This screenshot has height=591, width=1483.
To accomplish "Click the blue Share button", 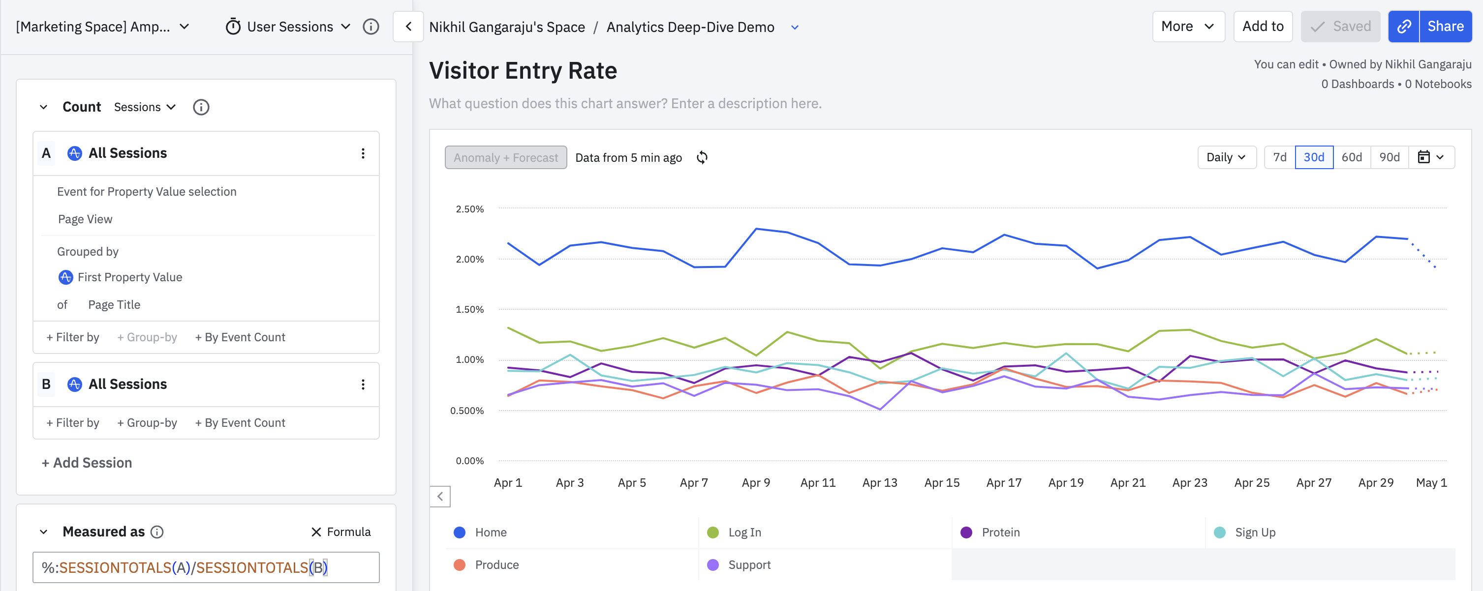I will point(1445,27).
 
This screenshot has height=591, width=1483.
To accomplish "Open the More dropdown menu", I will point(1188,27).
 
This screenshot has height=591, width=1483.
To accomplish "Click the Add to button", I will point(1263,27).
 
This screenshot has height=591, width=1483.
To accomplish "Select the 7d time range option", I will point(1279,157).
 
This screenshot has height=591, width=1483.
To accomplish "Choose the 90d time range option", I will point(1389,157).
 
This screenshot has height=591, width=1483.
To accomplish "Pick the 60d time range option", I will point(1351,157).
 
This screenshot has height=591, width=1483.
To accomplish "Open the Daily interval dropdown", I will point(1226,157).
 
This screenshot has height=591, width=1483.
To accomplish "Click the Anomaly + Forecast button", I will point(505,158).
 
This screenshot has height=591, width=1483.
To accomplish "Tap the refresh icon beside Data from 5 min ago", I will point(702,158).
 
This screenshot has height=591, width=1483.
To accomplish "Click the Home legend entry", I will point(491,532).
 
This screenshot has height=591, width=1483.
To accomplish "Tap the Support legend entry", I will point(748,564).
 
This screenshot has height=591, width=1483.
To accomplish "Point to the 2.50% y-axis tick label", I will point(469,209).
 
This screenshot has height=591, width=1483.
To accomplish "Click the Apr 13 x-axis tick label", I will point(879,483).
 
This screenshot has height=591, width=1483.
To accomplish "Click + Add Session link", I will point(87,463).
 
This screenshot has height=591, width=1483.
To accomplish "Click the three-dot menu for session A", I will point(363,153).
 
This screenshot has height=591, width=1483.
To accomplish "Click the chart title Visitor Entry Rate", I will point(523,71).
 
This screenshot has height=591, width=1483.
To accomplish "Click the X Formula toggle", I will point(341,532).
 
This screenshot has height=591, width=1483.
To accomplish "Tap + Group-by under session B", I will point(147,422).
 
